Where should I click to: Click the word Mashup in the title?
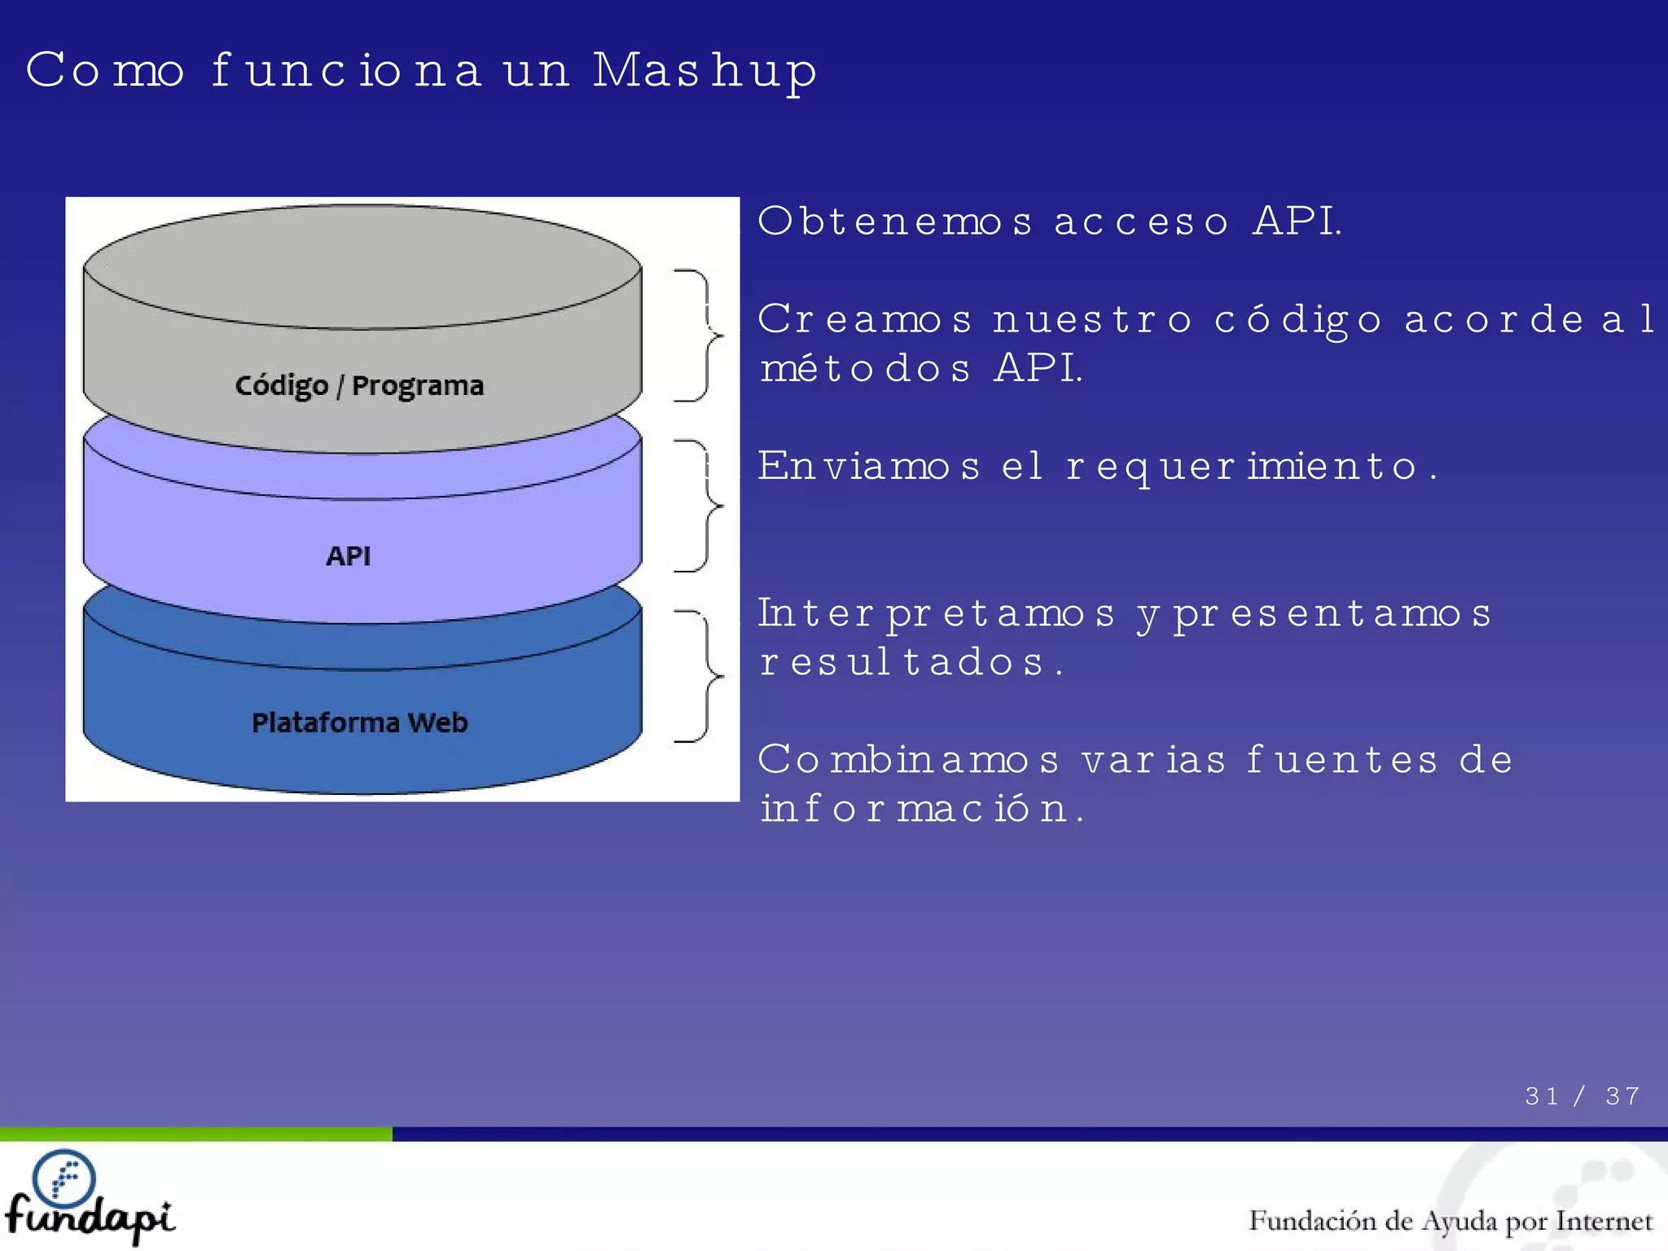pos(705,72)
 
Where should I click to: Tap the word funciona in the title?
pos(346,70)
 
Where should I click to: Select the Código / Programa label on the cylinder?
pos(359,385)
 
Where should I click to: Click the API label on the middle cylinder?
pos(349,556)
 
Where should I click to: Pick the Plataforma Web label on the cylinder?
pos(359,722)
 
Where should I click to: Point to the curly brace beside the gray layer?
pos(700,335)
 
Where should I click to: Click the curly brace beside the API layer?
pos(700,506)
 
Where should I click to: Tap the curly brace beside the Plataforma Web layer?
pos(700,676)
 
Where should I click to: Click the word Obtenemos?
pos(895,222)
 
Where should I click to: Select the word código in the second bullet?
pos(1298,320)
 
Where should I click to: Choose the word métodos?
pos(865,369)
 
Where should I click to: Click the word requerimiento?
pos(1243,467)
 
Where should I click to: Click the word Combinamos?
pos(909,761)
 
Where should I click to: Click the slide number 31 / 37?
pos(1582,1096)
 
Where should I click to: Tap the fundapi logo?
pos(88,1196)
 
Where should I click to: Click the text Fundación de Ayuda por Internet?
pos(1451,1221)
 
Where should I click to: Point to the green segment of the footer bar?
pos(195,1134)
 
